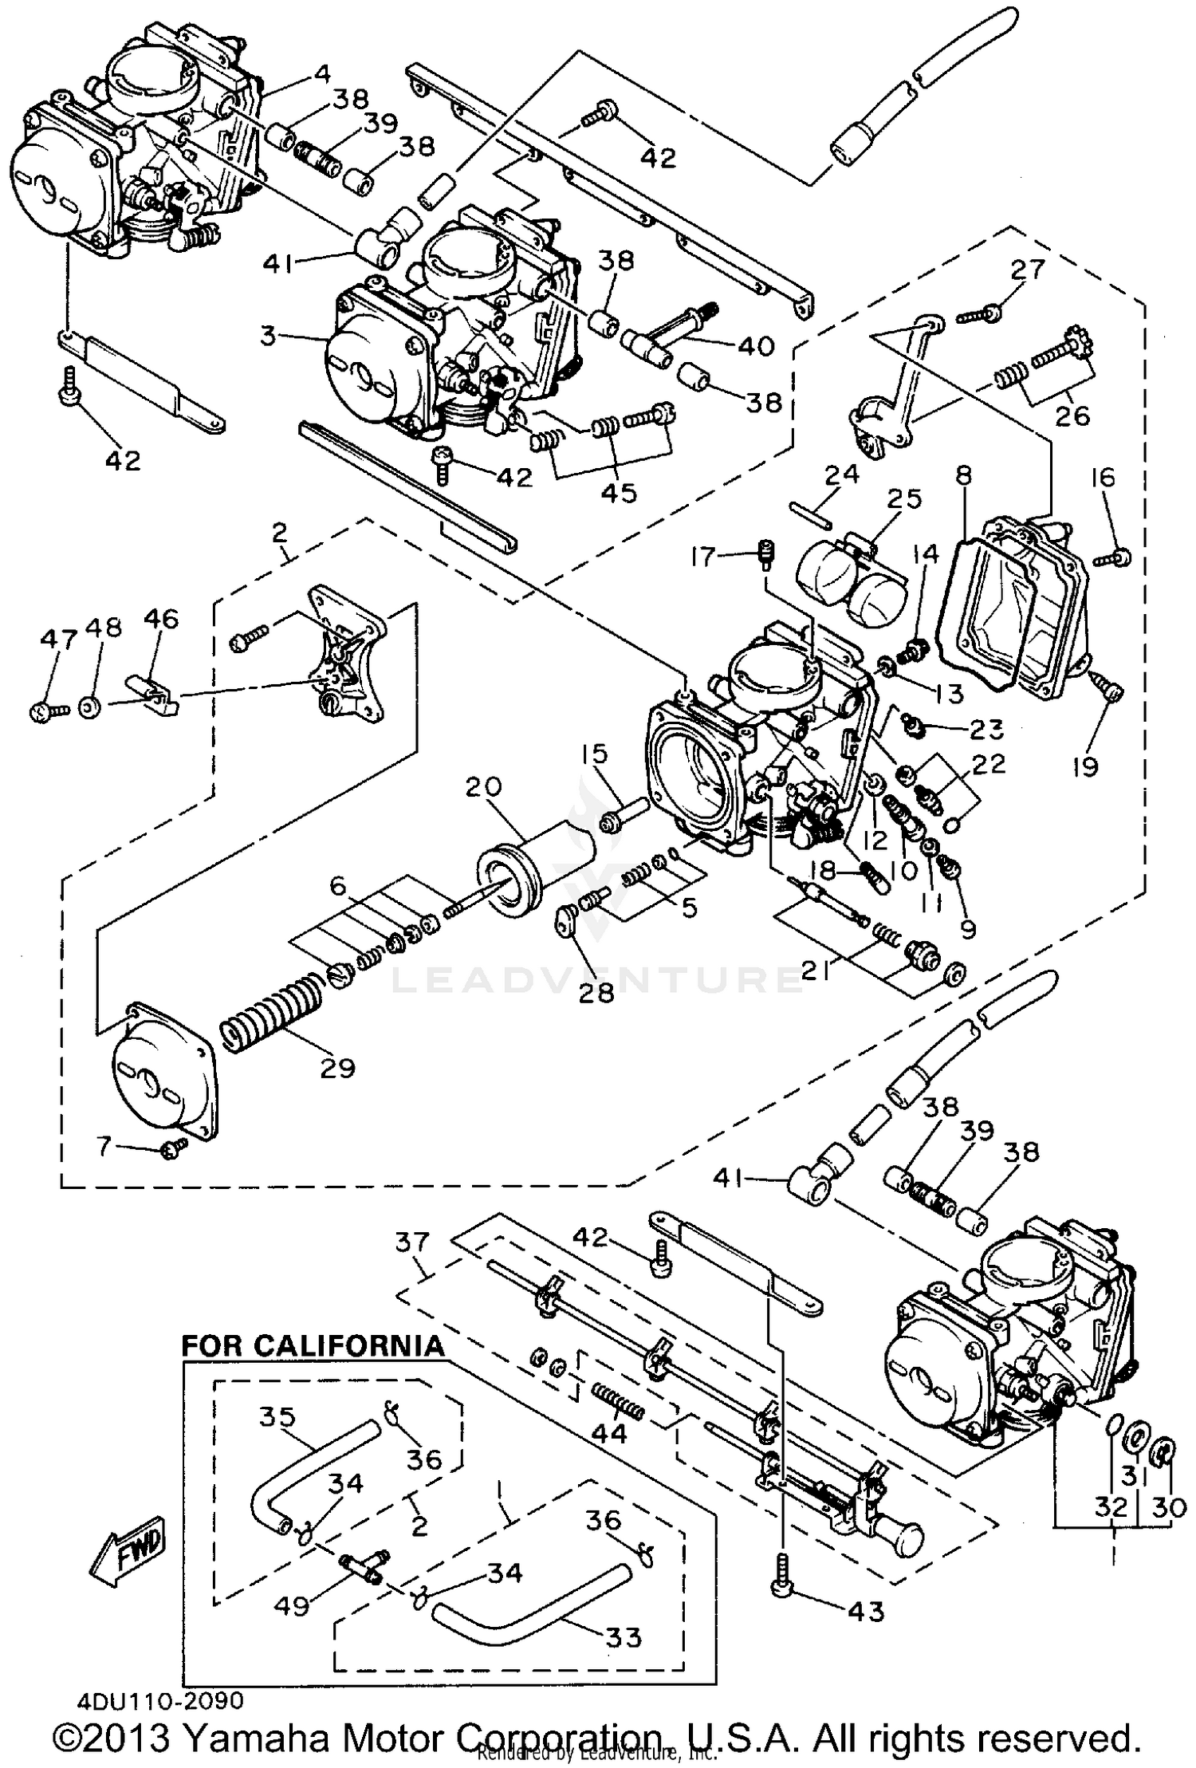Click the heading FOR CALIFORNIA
[313, 1346]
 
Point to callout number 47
[59, 640]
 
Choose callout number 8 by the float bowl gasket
[963, 476]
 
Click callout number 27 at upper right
[1027, 270]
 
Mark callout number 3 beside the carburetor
[268, 336]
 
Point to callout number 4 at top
[321, 74]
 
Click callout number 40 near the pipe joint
[755, 345]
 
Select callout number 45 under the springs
[619, 492]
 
